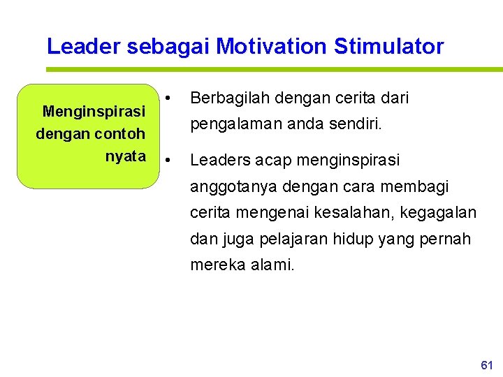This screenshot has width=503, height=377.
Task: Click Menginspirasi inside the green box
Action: (x=94, y=111)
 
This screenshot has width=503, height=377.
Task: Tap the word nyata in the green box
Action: (x=125, y=156)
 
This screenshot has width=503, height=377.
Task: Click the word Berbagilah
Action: (x=226, y=98)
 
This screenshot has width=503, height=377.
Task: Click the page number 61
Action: (x=487, y=365)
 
